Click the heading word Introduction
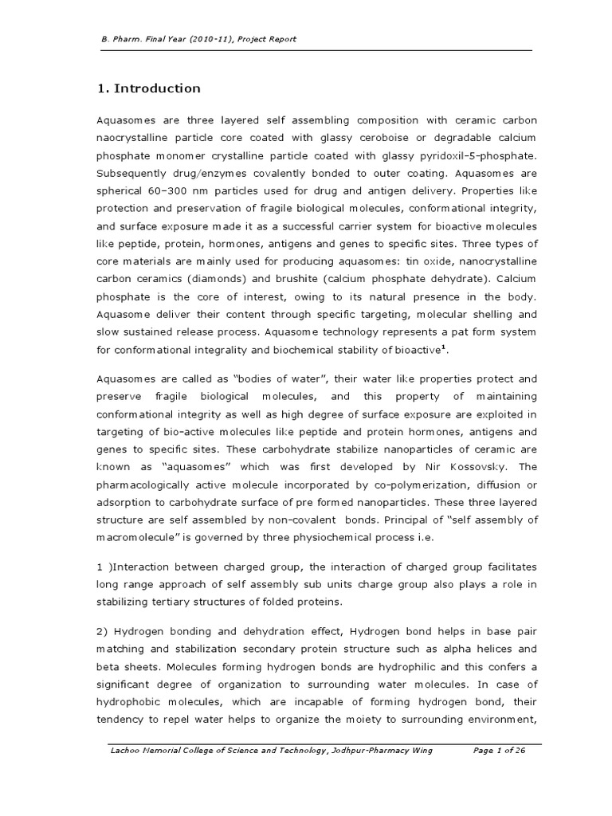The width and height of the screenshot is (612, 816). point(157,88)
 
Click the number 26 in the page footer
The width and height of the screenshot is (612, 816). point(522,751)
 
